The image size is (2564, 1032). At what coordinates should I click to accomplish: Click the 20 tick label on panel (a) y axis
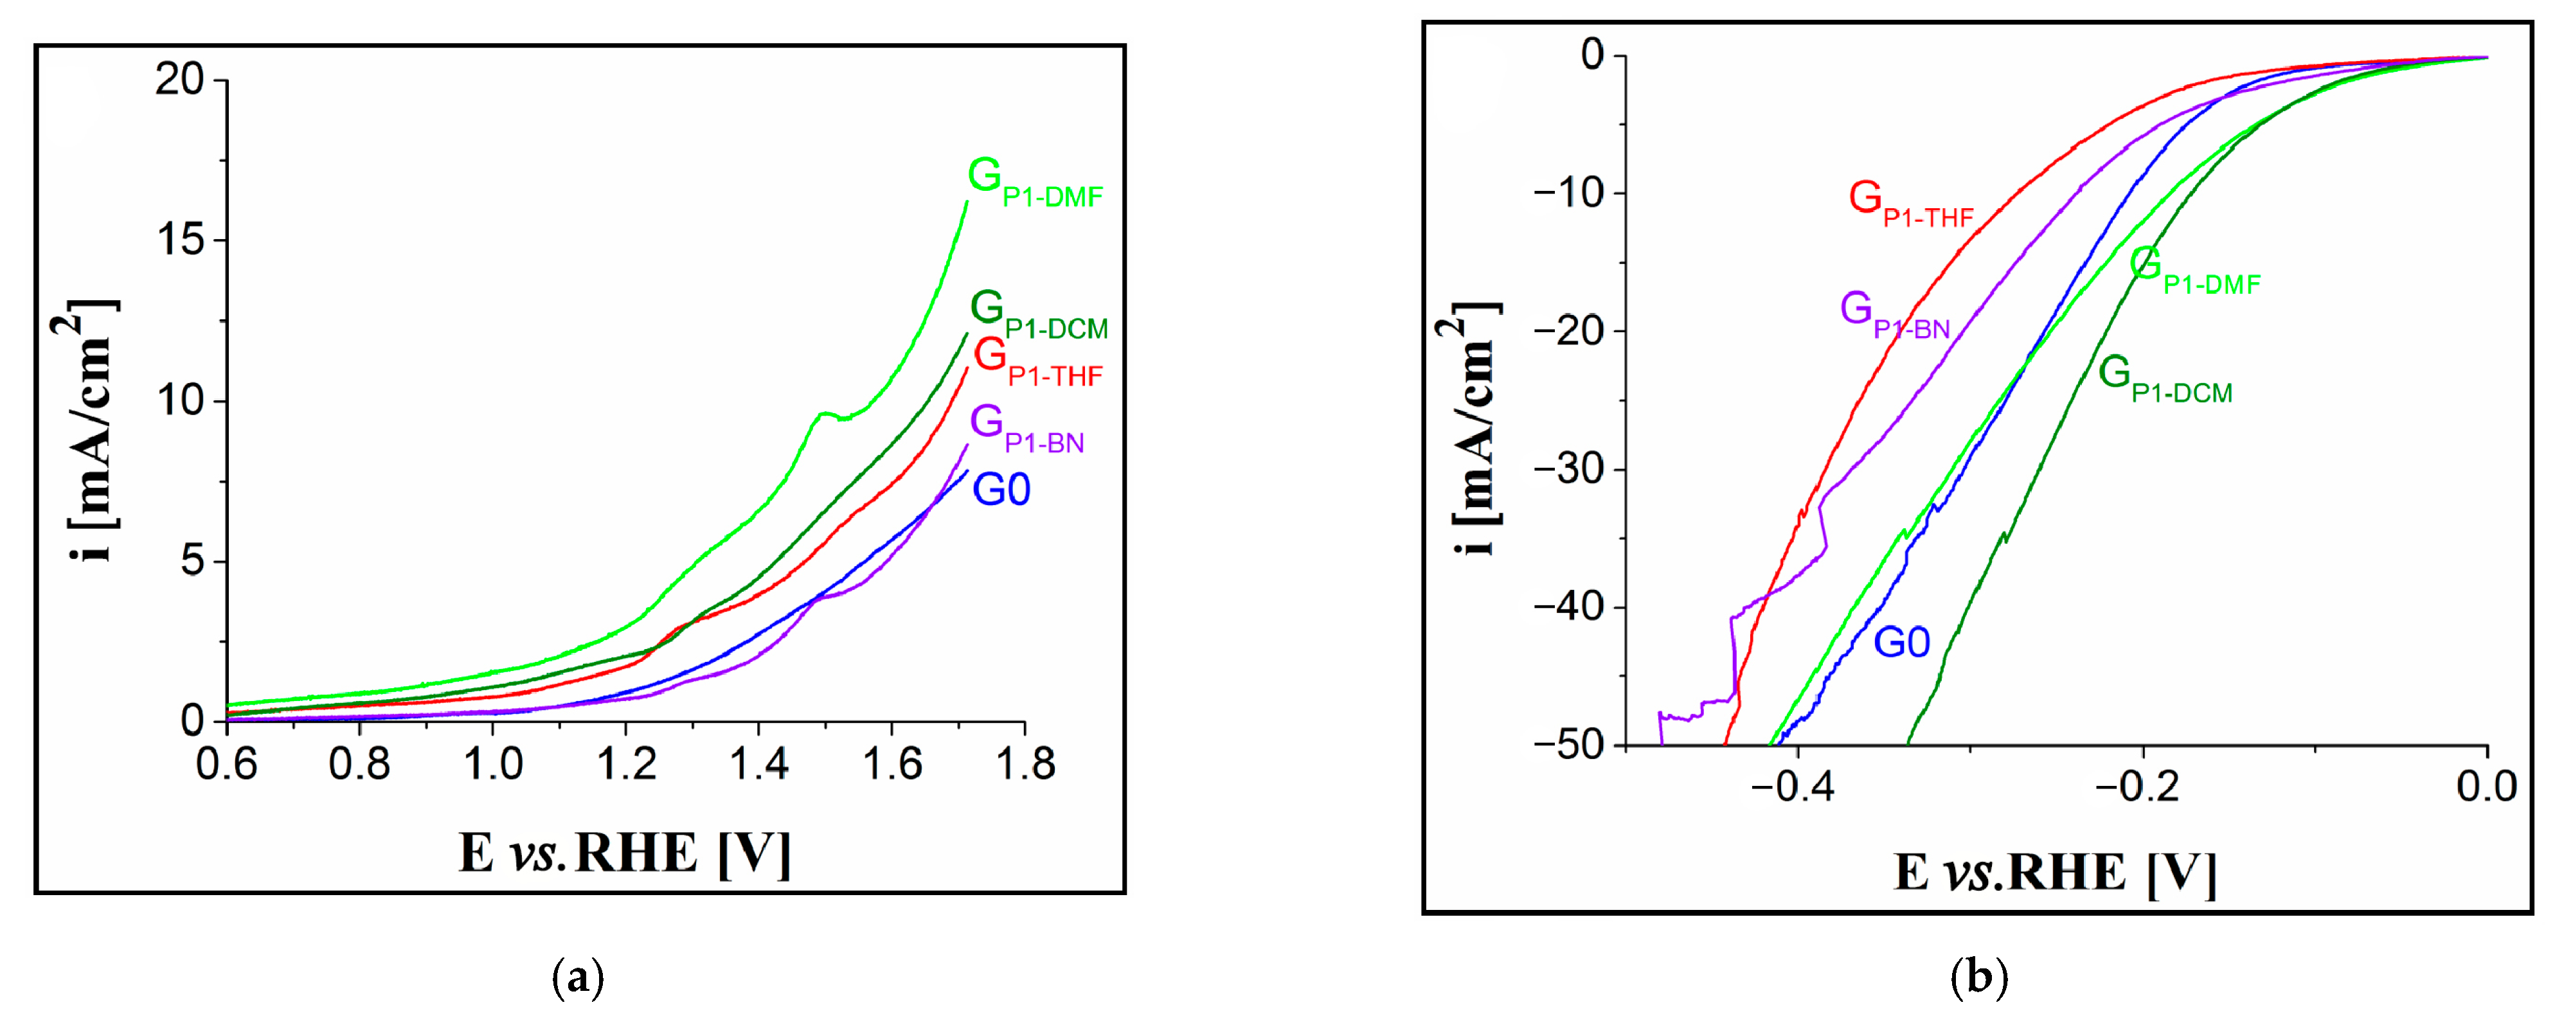(x=179, y=80)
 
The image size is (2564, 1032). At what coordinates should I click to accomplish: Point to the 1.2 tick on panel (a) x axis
(x=626, y=764)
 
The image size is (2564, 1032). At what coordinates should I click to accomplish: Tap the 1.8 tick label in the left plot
(x=1025, y=764)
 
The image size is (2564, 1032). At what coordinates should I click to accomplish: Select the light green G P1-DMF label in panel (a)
(x=1035, y=182)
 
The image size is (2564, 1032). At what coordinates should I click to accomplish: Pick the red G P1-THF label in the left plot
(x=1038, y=361)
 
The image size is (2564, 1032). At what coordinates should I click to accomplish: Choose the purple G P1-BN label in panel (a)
(x=1026, y=428)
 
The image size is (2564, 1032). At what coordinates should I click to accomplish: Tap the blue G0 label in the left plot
(x=1001, y=490)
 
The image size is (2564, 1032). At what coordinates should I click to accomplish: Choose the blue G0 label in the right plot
(x=1901, y=643)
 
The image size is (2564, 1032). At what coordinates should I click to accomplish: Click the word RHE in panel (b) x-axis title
(x=2066, y=873)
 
